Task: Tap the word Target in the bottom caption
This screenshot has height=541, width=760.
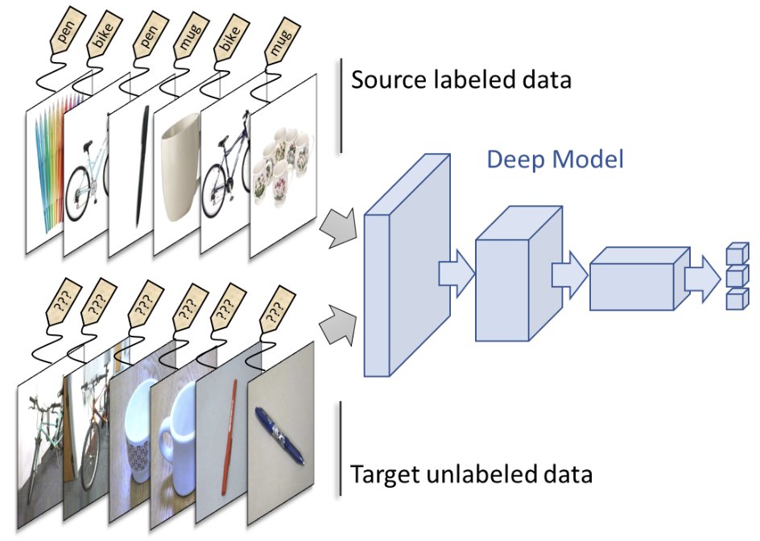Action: pos(384,475)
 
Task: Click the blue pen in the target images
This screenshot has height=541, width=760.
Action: pos(279,436)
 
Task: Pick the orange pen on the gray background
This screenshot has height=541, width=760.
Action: pos(229,436)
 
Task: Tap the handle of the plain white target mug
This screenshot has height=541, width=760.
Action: pos(167,444)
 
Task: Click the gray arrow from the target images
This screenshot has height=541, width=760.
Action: pos(338,324)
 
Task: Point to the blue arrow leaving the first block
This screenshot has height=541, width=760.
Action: pos(456,274)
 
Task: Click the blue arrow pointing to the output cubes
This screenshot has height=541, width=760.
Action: pos(702,279)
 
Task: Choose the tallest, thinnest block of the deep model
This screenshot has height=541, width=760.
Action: pos(407,265)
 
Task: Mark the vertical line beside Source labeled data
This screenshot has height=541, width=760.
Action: pos(341,105)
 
